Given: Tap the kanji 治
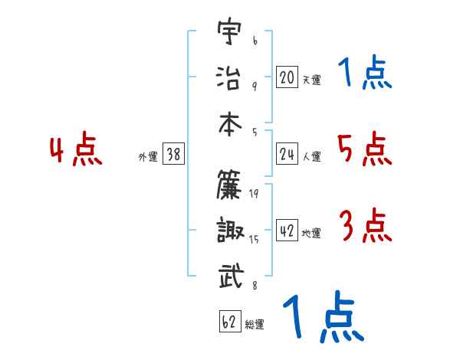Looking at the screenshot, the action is (x=229, y=77).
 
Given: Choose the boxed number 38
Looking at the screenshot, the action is (x=173, y=154).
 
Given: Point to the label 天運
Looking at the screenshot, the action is (x=311, y=80).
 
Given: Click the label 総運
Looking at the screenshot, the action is (x=255, y=325).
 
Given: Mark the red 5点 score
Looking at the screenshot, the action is (x=364, y=149).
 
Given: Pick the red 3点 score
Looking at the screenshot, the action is (x=364, y=226).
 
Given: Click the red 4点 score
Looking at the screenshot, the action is (x=76, y=150).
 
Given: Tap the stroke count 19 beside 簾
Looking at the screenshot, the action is (x=254, y=194).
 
